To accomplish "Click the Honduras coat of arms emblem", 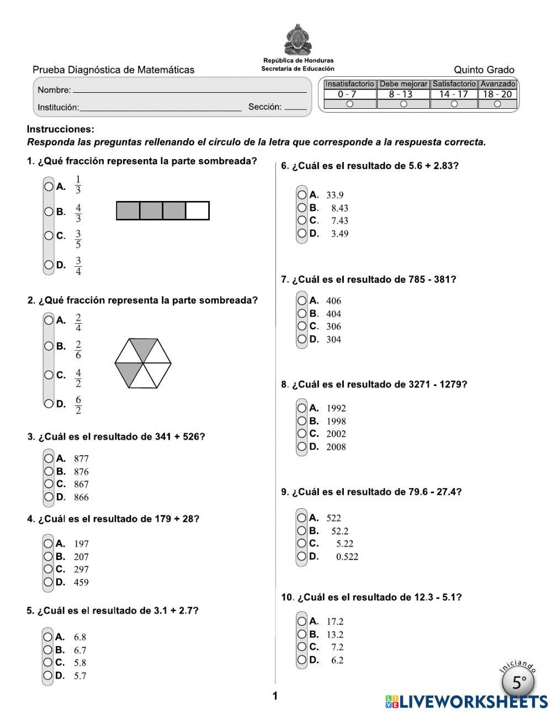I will click(x=298, y=40).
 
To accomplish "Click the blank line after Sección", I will click(x=296, y=108).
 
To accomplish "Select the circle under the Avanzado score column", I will click(x=497, y=104).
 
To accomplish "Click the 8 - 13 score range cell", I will click(x=403, y=94).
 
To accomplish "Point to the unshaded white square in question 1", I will click(x=197, y=211).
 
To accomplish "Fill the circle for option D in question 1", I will click(x=49, y=265).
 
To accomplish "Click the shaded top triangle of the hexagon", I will click(x=143, y=349).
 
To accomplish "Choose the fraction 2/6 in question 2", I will click(x=78, y=350).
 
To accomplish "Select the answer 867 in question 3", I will click(x=81, y=484).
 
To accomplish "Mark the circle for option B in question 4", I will click(x=49, y=557).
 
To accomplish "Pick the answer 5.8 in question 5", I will click(x=80, y=663).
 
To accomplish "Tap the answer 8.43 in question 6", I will click(x=339, y=208).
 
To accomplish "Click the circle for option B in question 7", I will click(x=302, y=314).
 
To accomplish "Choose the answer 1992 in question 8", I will click(x=336, y=409).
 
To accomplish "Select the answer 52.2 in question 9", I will click(x=339, y=531).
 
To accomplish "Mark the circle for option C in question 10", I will click(x=302, y=647).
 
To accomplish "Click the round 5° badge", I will click(x=518, y=683).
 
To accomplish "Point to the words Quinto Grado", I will click(x=484, y=70).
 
